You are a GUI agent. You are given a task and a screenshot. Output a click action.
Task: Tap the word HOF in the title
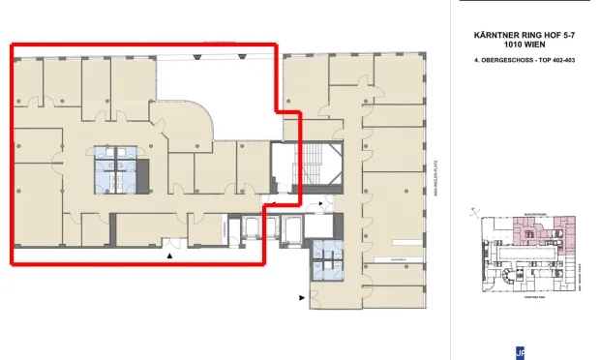(x=543, y=34)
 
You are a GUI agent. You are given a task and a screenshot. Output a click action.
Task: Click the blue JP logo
(x=521, y=352)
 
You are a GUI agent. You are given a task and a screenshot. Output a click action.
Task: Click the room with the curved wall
(x=188, y=126)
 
